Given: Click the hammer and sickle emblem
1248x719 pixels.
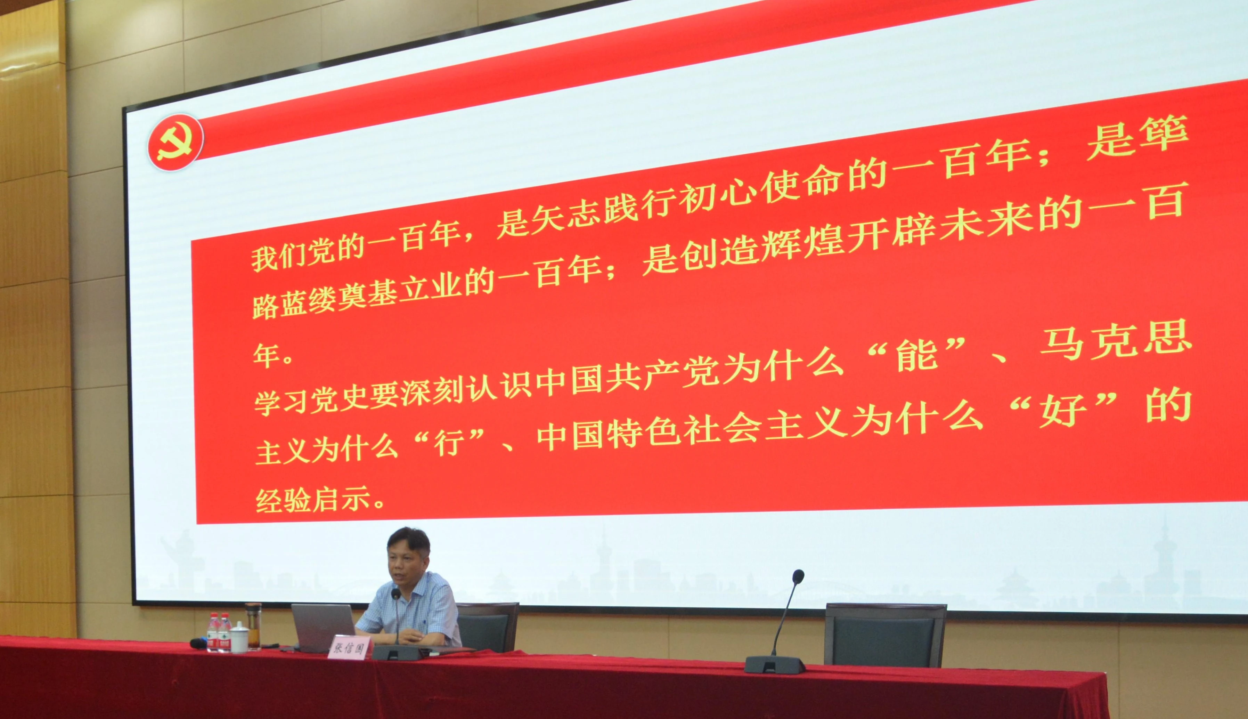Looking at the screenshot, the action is pyautogui.click(x=175, y=143).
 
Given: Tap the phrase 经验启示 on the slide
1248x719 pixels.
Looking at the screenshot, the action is pyautogui.click(x=313, y=500).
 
